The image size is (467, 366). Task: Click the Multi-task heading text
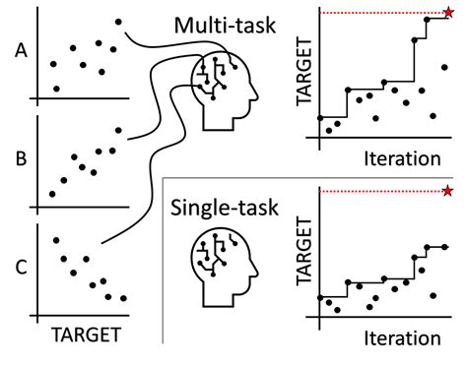(223, 27)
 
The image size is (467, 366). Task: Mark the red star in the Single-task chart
(448, 190)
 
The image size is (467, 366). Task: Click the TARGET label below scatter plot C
(86, 331)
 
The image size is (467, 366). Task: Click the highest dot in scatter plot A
(118, 22)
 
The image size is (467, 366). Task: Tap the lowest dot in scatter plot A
(56, 89)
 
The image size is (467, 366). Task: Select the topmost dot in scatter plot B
(118, 130)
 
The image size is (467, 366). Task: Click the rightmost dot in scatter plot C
(124, 298)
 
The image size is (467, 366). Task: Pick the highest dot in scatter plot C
(55, 239)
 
